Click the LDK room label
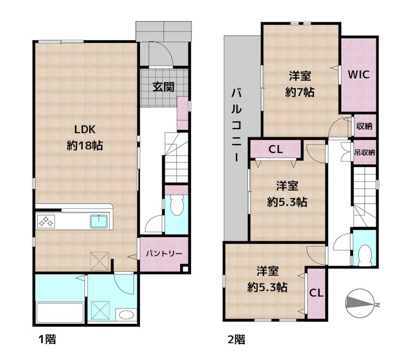[x=85, y=130]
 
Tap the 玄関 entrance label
[x=163, y=87]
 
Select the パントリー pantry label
[x=164, y=254]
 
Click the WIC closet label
[x=358, y=74]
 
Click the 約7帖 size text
[x=300, y=92]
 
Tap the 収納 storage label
[x=364, y=126]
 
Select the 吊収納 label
[x=364, y=152]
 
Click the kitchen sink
[x=99, y=222]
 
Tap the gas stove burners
[x=46, y=222]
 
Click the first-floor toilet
[x=176, y=205]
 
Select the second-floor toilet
[x=365, y=255]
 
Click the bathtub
[x=60, y=313]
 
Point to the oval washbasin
[x=126, y=315]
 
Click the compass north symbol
[x=360, y=303]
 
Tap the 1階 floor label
[x=47, y=339]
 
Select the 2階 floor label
[x=236, y=339]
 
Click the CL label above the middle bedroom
[x=276, y=149]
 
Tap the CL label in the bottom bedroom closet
[x=316, y=293]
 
